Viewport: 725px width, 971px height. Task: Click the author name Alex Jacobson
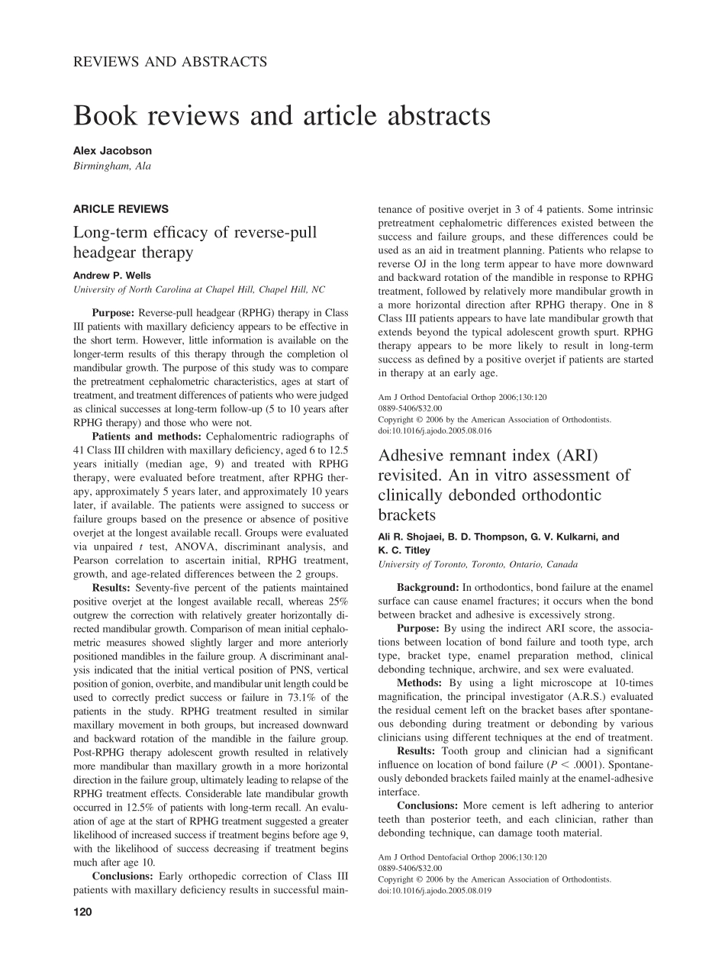click(112, 151)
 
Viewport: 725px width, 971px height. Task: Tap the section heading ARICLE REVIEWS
click(121, 208)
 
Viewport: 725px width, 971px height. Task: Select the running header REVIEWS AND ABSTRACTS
click(169, 62)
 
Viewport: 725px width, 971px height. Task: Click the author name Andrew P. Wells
click(111, 275)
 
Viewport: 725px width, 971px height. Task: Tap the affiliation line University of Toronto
click(478, 564)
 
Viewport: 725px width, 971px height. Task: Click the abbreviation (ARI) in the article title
click(569, 456)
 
